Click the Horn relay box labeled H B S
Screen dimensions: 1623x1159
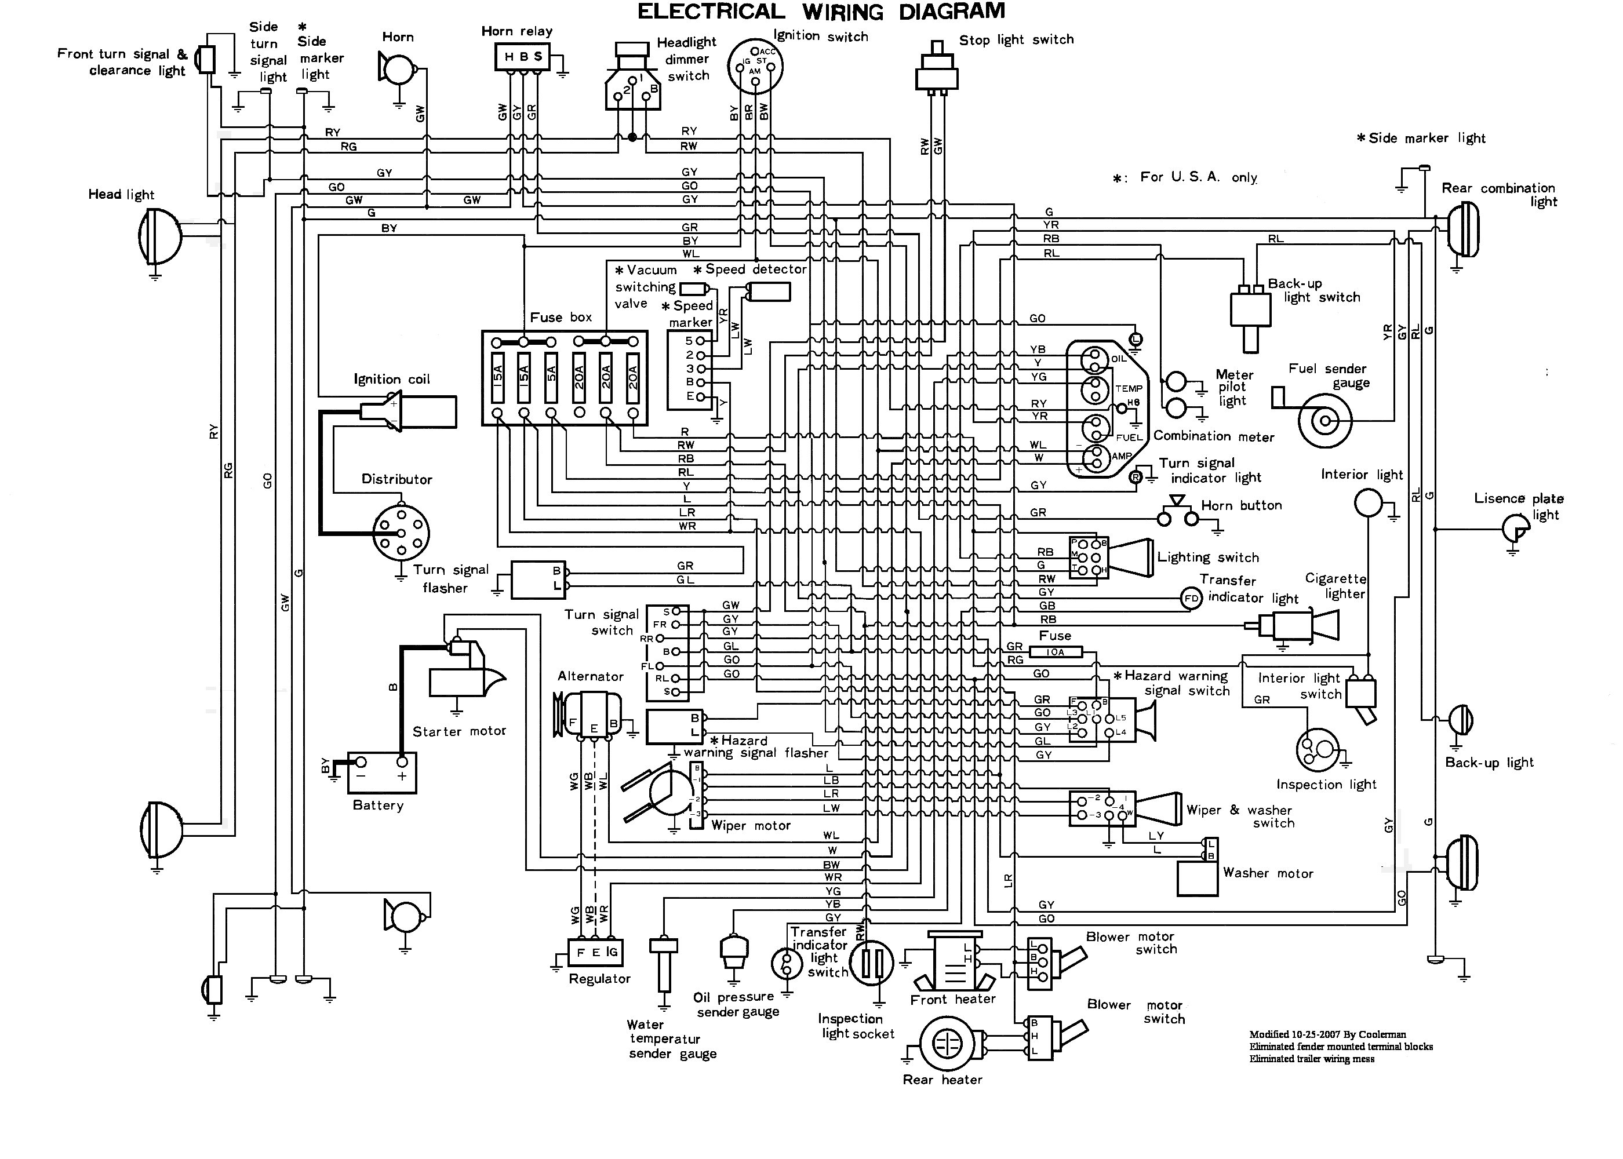click(523, 57)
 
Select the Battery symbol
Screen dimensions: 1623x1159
click(382, 772)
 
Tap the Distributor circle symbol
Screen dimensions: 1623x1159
click(401, 533)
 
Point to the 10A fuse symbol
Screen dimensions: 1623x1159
click(1055, 651)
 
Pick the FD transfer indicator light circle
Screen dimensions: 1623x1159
click(1191, 598)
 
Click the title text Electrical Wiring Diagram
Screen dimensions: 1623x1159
click(821, 12)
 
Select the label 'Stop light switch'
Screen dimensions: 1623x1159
click(1016, 40)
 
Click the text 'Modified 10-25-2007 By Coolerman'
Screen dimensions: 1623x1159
click(1327, 1034)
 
